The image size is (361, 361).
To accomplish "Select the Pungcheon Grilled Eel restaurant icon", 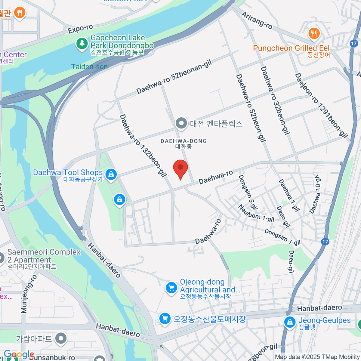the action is pyautogui.click(x=314, y=33).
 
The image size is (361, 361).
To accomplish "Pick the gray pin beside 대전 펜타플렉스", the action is pyautogui.click(x=181, y=123).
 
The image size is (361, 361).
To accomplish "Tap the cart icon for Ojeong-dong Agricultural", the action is pyautogui.click(x=171, y=288).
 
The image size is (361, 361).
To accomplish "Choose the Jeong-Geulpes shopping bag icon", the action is pyautogui.click(x=290, y=322).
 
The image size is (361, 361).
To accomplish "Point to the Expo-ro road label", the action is pyautogui.click(x=80, y=29).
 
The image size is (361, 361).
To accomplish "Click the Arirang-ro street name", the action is pyautogui.click(x=257, y=20).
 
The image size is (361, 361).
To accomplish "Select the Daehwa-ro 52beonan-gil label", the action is pyautogui.click(x=174, y=77).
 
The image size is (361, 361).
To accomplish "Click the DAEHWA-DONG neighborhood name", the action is pyautogui.click(x=184, y=141).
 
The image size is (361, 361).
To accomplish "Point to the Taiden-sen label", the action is pyautogui.click(x=89, y=66).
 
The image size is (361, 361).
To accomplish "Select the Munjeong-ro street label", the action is pyautogui.click(x=29, y=294).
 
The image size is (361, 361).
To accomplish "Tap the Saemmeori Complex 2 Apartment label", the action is pyautogui.click(x=44, y=256).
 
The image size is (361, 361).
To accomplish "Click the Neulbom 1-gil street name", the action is pyautogui.click(x=256, y=213).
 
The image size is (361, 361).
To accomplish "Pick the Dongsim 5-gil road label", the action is pyautogui.click(x=248, y=192).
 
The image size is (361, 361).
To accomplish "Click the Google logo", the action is pyautogui.click(x=19, y=354).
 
